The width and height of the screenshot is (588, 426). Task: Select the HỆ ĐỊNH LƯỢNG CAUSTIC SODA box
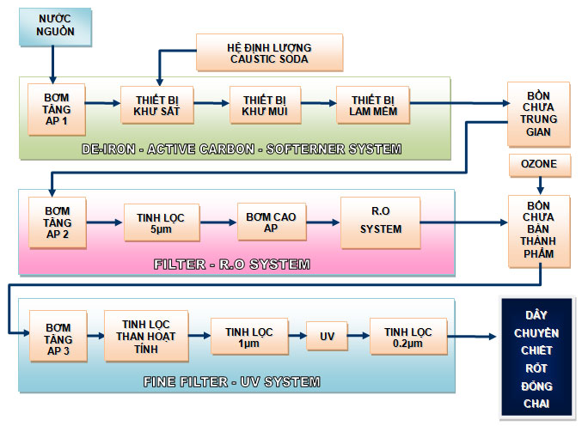[268, 52]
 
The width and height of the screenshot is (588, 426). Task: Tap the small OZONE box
[539, 163]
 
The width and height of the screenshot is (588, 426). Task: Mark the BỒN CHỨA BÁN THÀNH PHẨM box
[539, 228]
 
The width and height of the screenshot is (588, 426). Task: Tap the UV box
[327, 336]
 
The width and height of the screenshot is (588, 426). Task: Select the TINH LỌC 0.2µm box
[407, 336]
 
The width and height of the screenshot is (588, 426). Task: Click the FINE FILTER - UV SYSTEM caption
[232, 381]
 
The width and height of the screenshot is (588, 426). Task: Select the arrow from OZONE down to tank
[539, 186]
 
